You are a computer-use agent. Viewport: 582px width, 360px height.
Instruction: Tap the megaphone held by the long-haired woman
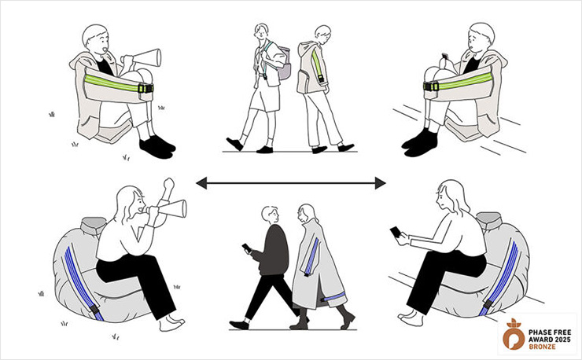[x=170, y=209]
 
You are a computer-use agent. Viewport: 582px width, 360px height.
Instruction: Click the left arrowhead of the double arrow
[x=201, y=183]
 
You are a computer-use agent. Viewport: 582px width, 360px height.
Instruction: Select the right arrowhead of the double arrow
[x=380, y=183]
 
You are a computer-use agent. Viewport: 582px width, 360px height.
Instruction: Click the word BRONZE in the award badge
[x=543, y=347]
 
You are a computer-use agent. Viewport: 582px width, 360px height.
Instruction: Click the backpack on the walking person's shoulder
[x=283, y=63]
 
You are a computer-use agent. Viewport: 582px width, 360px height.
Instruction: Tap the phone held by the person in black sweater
[x=246, y=248]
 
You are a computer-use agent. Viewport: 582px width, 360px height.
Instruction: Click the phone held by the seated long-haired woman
[x=396, y=233]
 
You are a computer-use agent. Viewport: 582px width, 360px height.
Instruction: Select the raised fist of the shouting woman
[x=169, y=184]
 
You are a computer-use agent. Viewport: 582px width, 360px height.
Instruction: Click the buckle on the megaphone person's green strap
[x=145, y=88]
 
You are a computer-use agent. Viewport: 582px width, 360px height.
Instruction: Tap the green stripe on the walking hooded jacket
[x=316, y=63]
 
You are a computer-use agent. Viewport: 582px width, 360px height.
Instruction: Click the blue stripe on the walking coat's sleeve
[x=312, y=256]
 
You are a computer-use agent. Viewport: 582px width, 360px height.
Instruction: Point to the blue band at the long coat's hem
[x=334, y=296]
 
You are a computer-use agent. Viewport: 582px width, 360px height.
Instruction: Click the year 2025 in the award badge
[x=562, y=340]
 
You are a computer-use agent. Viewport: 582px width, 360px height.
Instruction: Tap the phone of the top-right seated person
[x=444, y=57]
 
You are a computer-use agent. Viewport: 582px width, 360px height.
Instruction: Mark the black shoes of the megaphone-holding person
[x=157, y=146]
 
